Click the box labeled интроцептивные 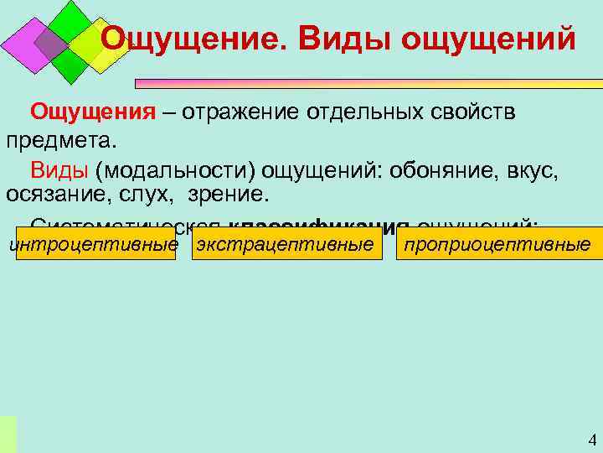coord(94,245)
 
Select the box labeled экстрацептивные coord(286,245)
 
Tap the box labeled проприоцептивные coord(497,245)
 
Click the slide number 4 coord(591,440)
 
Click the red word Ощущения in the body coord(93,112)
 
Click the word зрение coord(229,195)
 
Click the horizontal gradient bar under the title coord(368,84)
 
